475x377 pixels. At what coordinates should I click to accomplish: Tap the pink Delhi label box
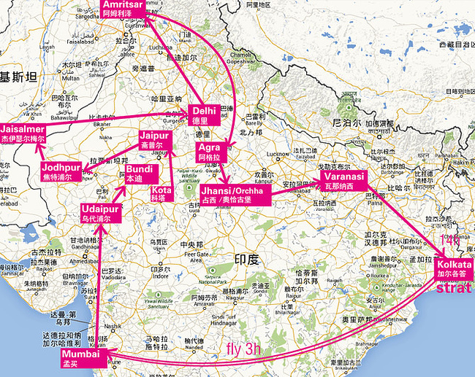pyautogui.click(x=202, y=115)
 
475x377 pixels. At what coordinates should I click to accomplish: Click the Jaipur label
pyautogui.click(x=155, y=140)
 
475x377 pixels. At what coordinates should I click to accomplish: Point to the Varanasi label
pyautogui.click(x=341, y=181)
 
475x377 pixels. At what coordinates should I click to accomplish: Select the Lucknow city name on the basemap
pyautogui.click(x=277, y=155)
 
